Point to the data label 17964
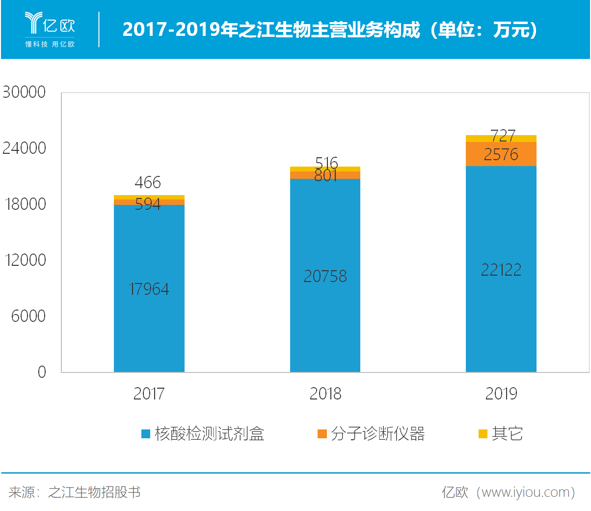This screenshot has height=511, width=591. [149, 289]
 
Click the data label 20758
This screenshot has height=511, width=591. [325, 276]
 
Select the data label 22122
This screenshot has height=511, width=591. [501, 270]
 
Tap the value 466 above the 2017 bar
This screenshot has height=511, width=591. [147, 182]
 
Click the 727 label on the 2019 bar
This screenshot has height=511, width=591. [503, 135]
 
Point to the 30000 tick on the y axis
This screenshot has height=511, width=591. [24, 92]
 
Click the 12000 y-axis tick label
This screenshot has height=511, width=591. [25, 260]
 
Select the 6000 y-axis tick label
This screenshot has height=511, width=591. [28, 316]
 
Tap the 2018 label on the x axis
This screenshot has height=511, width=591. [325, 394]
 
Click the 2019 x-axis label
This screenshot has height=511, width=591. [501, 394]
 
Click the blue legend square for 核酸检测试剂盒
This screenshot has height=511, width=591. [145, 434]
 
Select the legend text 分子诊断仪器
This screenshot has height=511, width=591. [377, 434]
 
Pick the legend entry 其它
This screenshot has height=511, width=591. [507, 434]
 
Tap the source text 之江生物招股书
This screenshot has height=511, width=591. [94, 492]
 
